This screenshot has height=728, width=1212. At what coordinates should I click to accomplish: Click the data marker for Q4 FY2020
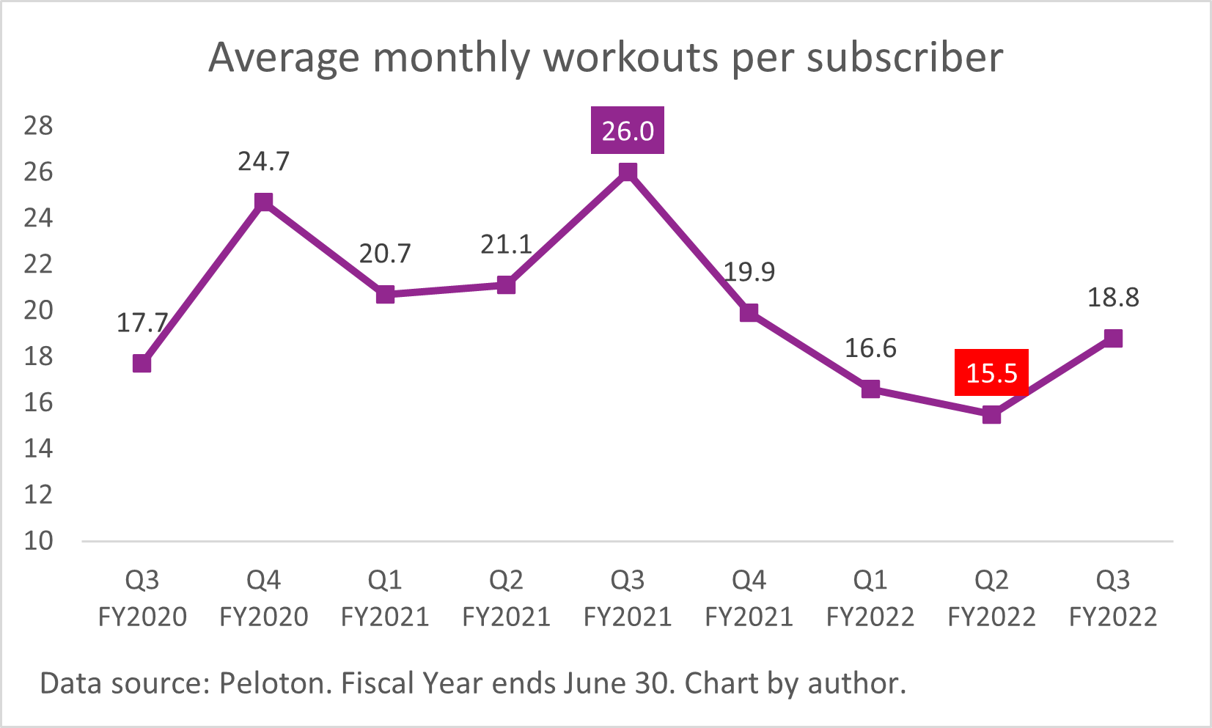263,202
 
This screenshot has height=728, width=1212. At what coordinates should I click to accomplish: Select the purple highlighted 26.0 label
628,131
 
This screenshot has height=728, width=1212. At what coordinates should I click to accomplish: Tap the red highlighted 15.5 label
991,372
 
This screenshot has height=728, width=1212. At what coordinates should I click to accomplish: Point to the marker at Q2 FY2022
991,415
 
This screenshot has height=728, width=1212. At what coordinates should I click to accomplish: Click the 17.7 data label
142,323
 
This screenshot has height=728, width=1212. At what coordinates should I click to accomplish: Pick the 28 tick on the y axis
38,126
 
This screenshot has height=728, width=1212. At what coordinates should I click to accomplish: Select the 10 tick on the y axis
38,541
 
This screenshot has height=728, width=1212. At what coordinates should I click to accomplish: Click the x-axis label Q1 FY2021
385,598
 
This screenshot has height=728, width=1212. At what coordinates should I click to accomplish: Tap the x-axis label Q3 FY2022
1112,598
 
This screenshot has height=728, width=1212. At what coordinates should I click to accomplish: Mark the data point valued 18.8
1113,338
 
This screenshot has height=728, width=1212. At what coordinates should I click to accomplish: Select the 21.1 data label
506,244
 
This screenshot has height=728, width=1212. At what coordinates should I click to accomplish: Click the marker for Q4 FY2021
749,313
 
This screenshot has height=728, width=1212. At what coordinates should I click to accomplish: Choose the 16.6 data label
870,348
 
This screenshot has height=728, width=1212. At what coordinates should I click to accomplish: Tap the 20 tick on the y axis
38,310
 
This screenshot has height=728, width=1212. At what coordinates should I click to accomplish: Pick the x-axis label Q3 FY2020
142,598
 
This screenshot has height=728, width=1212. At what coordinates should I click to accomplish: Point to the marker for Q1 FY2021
385,295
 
